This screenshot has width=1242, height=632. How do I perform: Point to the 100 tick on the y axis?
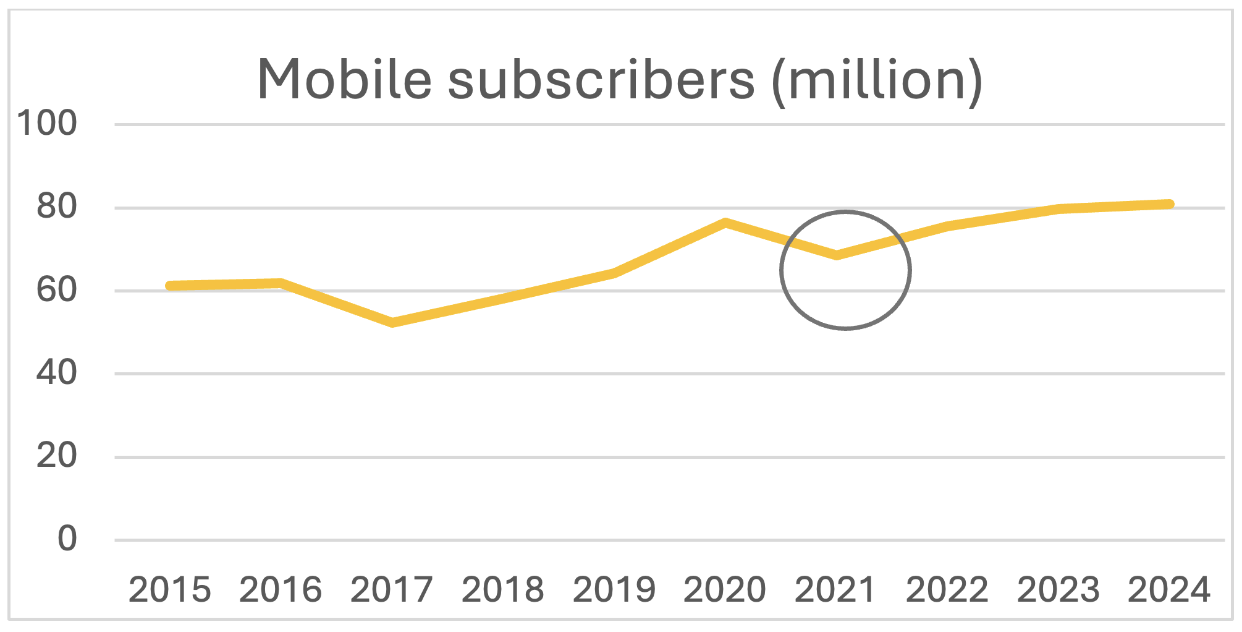tap(48, 123)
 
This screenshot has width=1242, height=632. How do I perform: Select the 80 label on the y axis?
tap(57, 207)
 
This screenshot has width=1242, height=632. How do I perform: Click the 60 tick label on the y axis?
tap(57, 290)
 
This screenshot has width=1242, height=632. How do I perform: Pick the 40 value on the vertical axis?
tap(57, 373)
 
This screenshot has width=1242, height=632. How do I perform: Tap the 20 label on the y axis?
tap(57, 456)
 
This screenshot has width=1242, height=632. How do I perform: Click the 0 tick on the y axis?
tap(67, 539)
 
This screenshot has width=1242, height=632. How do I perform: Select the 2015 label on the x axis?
tap(169, 589)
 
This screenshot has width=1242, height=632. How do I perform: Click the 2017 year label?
tap(392, 589)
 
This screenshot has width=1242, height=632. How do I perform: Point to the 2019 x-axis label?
tap(614, 589)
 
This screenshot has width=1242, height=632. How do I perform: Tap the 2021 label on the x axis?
tap(836, 589)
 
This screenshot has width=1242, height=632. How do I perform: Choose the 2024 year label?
tap(1169, 589)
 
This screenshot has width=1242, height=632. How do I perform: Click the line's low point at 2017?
tap(392, 323)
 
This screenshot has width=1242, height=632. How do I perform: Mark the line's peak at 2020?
tap(725, 222)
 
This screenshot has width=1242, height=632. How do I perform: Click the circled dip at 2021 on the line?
tap(837, 255)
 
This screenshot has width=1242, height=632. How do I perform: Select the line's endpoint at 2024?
tap(1169, 204)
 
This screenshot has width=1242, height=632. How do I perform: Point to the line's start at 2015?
tap(170, 286)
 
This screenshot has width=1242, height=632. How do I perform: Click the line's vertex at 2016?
tap(281, 283)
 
